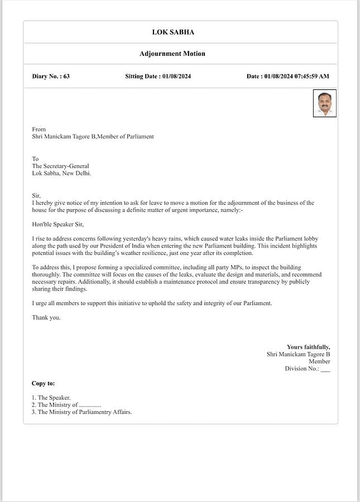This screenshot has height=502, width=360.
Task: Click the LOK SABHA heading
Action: tap(173, 32)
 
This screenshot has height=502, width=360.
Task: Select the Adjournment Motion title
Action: tap(172, 54)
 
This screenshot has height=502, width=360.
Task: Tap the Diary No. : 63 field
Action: tap(51, 76)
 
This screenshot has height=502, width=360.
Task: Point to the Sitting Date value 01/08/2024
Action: tap(176, 76)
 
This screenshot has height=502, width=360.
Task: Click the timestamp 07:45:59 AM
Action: tap(311, 76)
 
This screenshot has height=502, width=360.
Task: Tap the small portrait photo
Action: tap(324, 103)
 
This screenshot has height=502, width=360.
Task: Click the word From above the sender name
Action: tap(39, 129)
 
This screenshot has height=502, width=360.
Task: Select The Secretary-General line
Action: tap(60, 166)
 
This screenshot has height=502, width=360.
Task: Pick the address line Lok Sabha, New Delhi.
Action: tap(61, 173)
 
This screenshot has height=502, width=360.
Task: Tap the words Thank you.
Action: tap(46, 317)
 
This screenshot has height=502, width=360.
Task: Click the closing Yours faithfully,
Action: tap(308, 347)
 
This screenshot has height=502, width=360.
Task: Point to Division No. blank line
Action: tap(325, 369)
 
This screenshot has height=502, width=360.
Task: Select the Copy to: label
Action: tap(43, 383)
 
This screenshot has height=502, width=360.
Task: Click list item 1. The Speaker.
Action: tap(51, 398)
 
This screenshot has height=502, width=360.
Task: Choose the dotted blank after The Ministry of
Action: tap(90, 405)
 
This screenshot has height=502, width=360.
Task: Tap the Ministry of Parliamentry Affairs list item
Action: tap(81, 412)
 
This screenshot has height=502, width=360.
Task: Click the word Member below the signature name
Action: tap(319, 361)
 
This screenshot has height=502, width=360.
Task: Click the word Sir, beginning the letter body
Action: tap(36, 196)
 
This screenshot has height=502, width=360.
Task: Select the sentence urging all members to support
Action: tap(152, 303)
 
